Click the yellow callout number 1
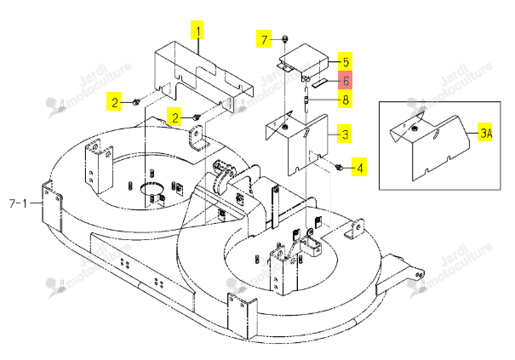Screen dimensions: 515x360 pyautogui.click(x=197, y=31)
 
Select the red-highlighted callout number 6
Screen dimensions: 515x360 pyautogui.click(x=346, y=80)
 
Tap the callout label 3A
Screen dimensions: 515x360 pyautogui.click(x=486, y=133)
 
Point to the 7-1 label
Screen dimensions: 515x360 pyautogui.click(x=18, y=203)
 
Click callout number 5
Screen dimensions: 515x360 pyautogui.click(x=346, y=62)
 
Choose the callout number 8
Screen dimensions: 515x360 pyautogui.click(x=346, y=100)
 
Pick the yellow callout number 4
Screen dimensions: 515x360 pyautogui.click(x=359, y=168)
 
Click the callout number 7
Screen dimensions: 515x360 pyautogui.click(x=264, y=40)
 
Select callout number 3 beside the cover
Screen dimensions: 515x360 pyautogui.click(x=345, y=134)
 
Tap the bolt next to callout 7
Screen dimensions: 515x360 pyautogui.click(x=285, y=39)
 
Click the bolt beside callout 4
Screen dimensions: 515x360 pyautogui.click(x=339, y=168)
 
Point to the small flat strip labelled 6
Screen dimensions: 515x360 pyautogui.click(x=319, y=83)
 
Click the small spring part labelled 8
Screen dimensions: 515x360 pyautogui.click(x=306, y=100)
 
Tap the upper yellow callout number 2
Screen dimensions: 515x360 pyautogui.click(x=114, y=102)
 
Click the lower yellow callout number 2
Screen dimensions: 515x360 pyautogui.click(x=175, y=117)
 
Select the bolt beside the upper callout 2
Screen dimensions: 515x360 pyautogui.click(x=135, y=102)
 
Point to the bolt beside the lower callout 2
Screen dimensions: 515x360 pyautogui.click(x=196, y=117)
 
